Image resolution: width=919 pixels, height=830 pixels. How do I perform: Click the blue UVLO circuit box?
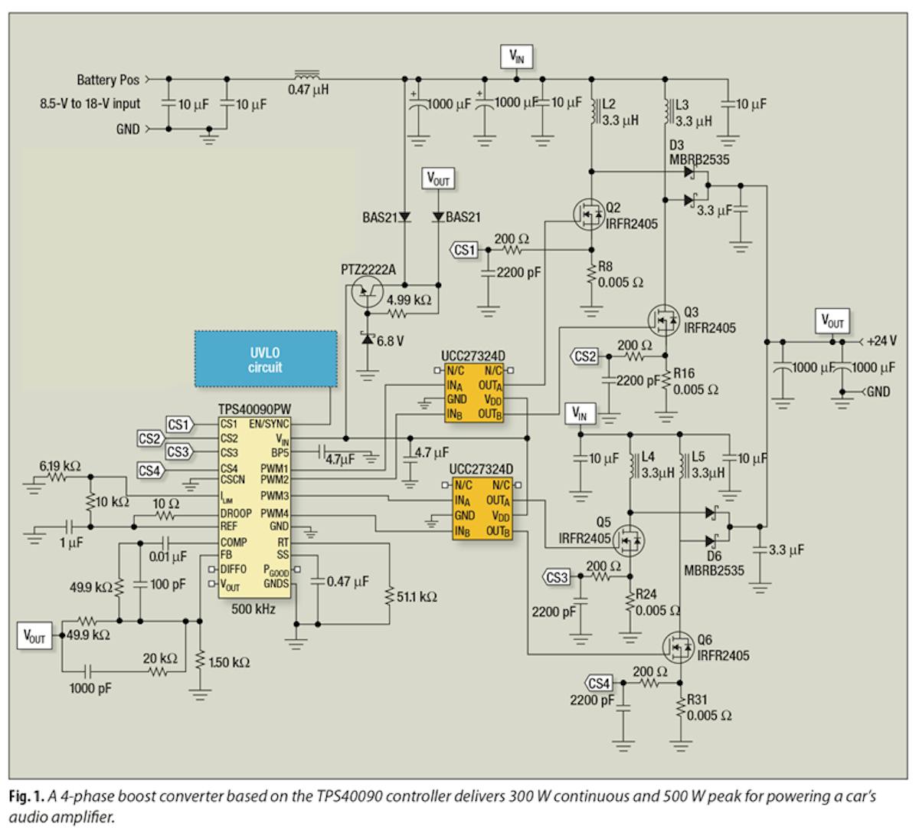(265, 359)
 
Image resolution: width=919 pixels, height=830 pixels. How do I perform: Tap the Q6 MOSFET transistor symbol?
(679, 648)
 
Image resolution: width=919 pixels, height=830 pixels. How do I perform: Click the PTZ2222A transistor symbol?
(367, 290)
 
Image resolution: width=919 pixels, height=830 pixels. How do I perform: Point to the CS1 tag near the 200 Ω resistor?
(465, 250)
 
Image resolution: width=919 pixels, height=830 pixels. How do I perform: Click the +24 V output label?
(881, 340)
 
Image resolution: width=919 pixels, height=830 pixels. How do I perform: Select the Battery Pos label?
(108, 80)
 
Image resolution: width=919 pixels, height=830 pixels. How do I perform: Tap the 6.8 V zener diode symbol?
(368, 338)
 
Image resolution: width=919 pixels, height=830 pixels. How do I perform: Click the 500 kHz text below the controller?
(253, 609)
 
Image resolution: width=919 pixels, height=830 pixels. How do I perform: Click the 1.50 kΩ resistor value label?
(229, 661)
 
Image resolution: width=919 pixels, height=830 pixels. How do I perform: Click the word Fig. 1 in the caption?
(26, 797)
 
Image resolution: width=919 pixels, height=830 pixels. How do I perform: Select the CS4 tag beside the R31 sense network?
(598, 682)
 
